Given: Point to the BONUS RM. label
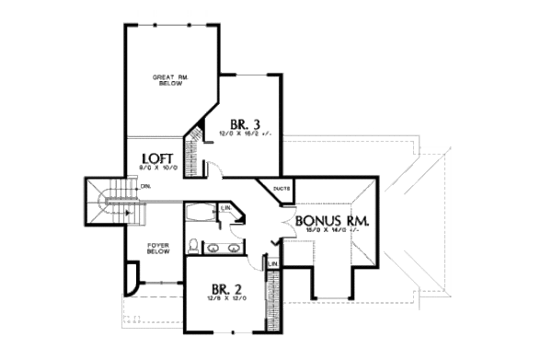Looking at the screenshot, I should [332, 221].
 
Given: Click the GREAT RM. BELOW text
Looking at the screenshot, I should [169, 80].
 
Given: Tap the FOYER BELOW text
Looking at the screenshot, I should [161, 248].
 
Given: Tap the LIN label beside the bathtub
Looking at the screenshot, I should [226, 209].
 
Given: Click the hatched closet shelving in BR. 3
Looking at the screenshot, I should [193, 147].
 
